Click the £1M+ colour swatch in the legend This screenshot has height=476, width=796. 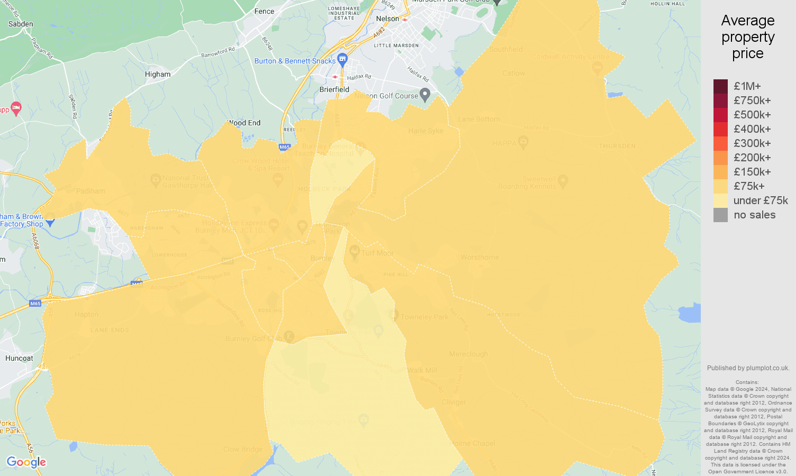[720, 86]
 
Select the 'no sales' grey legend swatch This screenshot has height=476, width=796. [720, 215]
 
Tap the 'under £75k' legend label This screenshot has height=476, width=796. [761, 200]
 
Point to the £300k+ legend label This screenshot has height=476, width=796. [752, 143]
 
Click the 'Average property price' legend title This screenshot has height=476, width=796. [748, 37]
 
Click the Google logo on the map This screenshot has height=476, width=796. [26, 462]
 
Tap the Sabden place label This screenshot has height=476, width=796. [21, 24]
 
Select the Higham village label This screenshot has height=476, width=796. [158, 75]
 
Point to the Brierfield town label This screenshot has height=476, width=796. [334, 90]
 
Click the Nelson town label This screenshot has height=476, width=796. [387, 19]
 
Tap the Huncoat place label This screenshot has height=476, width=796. [19, 359]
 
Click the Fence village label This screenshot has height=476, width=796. [264, 12]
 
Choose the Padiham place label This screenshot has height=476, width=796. [90, 191]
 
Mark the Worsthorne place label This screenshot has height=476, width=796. [479, 258]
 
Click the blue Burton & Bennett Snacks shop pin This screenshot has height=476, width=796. [342, 58]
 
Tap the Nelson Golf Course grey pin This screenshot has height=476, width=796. [425, 95]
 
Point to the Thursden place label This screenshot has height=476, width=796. [617, 146]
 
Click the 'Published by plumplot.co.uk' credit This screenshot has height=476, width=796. [748, 368]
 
